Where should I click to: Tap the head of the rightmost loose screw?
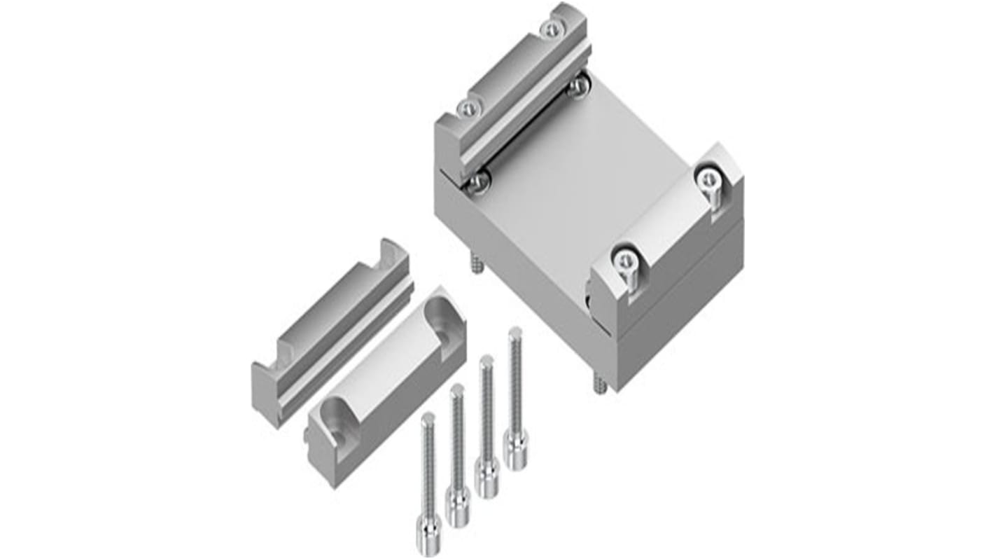coord(516,452)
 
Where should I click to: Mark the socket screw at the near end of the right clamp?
coord(625,260)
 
